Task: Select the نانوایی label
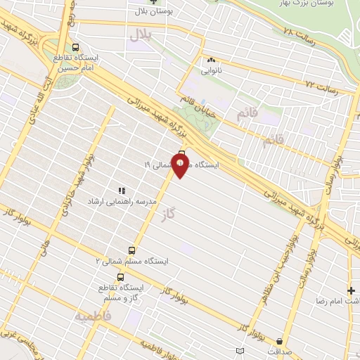pos(212,71)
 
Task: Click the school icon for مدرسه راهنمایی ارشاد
pos(121,191)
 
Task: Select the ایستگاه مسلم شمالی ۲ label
pos(132,261)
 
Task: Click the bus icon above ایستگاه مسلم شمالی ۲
pos(131,250)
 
